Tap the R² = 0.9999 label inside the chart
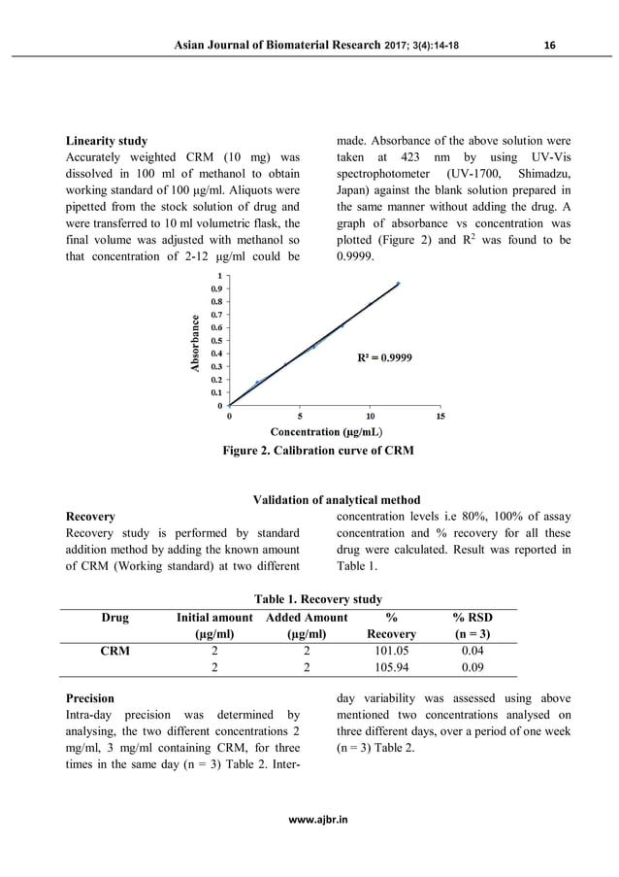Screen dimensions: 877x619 point(385,357)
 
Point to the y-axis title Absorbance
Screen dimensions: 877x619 point(195,344)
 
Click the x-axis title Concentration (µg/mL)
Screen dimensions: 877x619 point(325,431)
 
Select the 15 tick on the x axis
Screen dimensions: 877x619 point(440,416)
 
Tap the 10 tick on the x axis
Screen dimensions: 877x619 point(371,416)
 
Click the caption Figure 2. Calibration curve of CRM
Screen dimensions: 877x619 point(318,451)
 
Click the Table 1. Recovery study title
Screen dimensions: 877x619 point(309,599)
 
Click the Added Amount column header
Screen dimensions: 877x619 point(307,617)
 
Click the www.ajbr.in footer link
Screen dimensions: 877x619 point(309,820)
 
